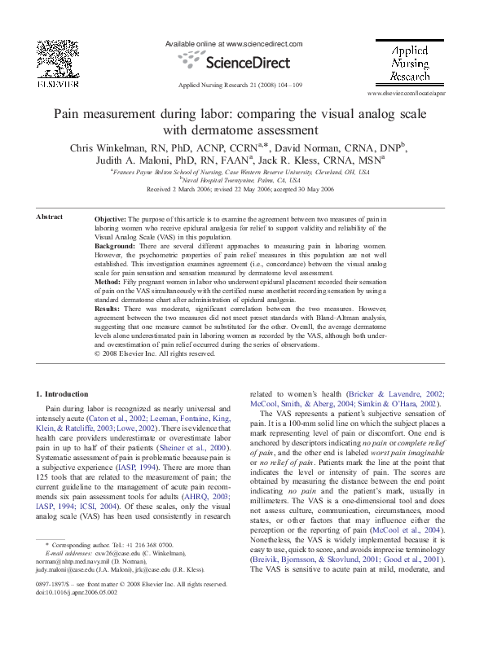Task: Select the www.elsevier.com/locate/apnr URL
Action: pos(409,95)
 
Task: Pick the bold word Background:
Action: pos(118,245)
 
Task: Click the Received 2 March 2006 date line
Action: pos(242,188)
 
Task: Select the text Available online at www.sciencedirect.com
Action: pos(233,43)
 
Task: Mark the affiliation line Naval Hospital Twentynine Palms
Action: pos(242,180)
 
